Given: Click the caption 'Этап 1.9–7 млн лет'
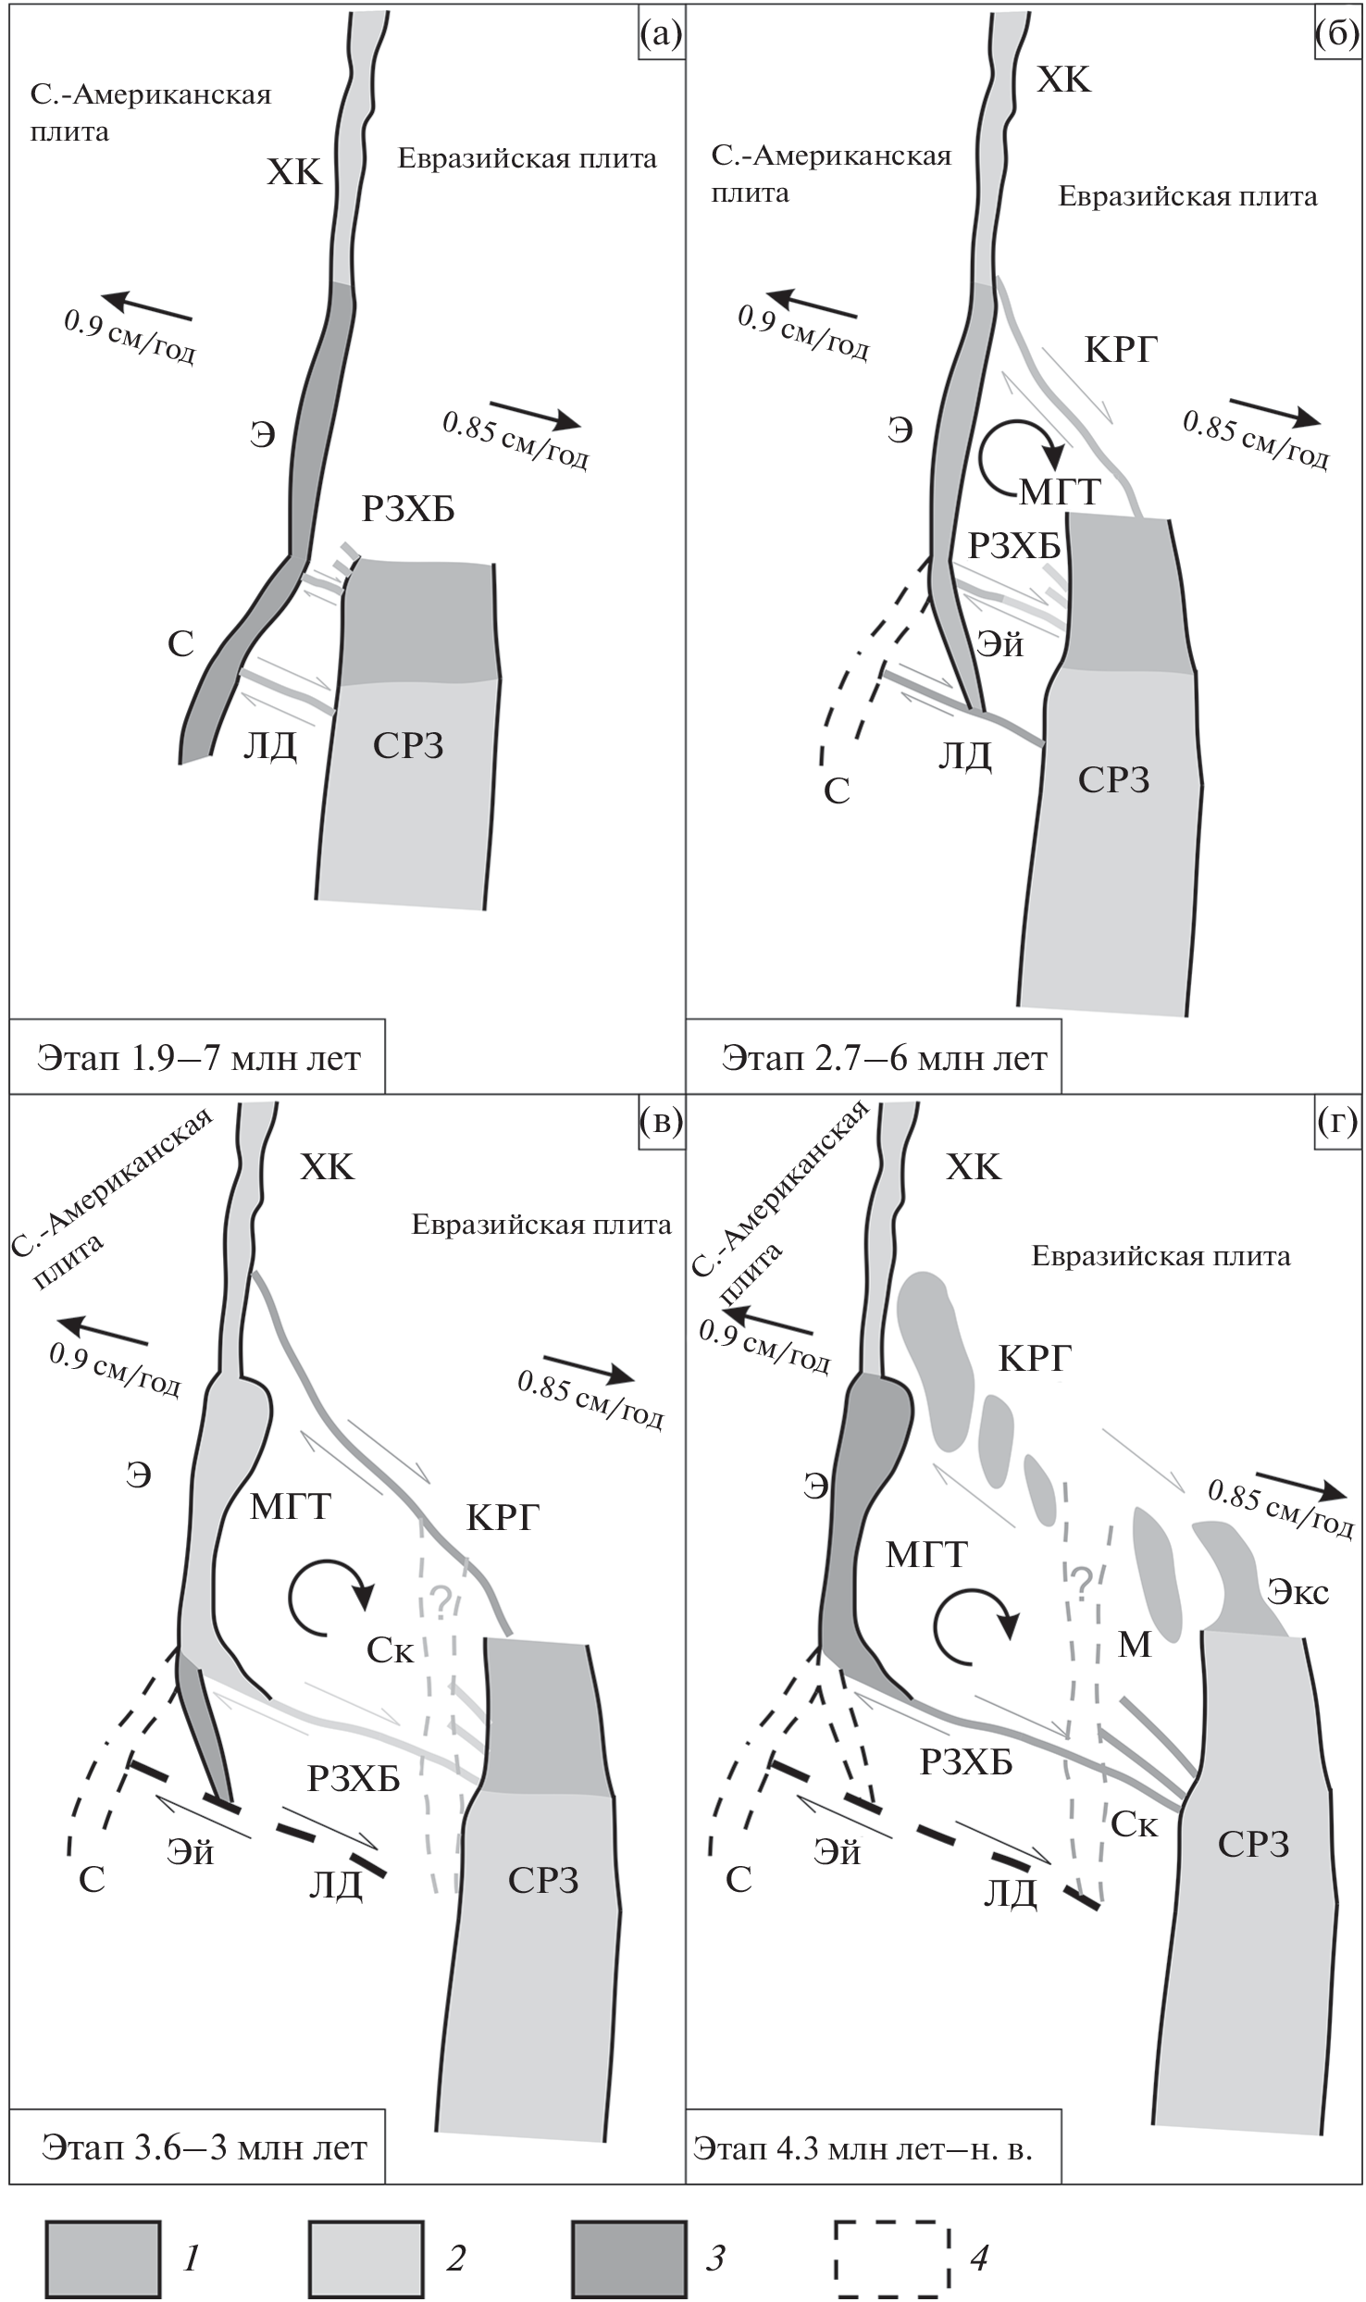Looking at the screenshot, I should pos(198,1057).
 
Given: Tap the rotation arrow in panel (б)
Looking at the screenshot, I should pos(1023,455).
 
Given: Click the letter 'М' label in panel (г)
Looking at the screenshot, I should pos(1135,1644).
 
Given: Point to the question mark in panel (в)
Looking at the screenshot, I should pos(441,1601).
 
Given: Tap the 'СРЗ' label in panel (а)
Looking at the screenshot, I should pos(408,745).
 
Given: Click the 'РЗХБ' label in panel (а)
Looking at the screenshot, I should pos(408,509).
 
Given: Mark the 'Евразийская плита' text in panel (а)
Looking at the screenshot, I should pos(528,159).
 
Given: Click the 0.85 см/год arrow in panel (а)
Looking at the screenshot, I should pos(535,414).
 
